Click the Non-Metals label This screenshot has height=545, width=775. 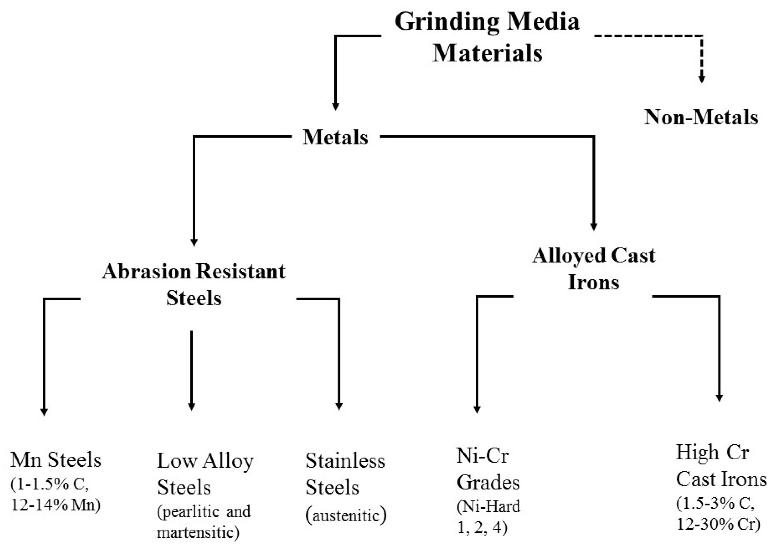tap(701, 118)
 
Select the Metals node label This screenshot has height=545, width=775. tap(335, 137)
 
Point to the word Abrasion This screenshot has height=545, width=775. tap(147, 271)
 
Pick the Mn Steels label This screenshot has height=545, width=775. tap(56, 460)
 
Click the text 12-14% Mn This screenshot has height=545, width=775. tap(56, 505)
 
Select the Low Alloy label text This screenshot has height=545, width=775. tap(205, 461)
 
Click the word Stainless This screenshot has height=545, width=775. tap(345, 461)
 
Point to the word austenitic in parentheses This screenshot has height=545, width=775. tap(346, 515)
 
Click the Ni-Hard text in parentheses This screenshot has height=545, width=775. tap(489, 506)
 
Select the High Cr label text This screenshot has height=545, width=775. tap(713, 452)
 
